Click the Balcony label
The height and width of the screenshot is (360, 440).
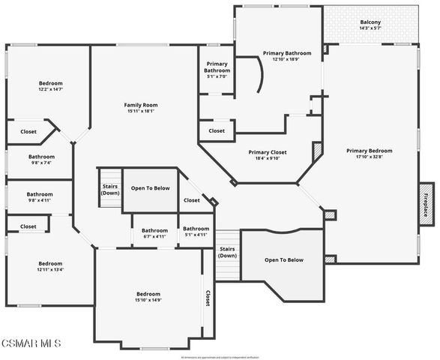370,22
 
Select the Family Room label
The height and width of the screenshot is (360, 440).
141,104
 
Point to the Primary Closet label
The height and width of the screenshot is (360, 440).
267,151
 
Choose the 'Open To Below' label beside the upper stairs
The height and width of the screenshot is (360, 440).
150,187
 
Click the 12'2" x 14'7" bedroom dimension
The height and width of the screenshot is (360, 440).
51,89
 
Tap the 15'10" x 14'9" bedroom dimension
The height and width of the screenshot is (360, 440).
148,300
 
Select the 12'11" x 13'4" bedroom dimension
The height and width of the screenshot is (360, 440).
51,270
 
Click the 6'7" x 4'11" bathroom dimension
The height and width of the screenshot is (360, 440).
154,236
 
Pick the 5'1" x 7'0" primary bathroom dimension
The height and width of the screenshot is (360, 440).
217,76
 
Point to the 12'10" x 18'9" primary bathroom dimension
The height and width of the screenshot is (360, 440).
286,59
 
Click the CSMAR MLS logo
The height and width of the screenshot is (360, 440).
31,343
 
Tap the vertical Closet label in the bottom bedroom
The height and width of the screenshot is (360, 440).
208,298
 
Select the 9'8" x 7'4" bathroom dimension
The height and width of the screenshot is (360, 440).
39,162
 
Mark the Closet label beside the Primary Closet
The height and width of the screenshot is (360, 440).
217,130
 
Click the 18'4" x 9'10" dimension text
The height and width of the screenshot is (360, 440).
267,158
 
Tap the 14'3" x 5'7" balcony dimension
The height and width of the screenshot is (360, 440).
370,28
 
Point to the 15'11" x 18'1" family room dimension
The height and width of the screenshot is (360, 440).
141,111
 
